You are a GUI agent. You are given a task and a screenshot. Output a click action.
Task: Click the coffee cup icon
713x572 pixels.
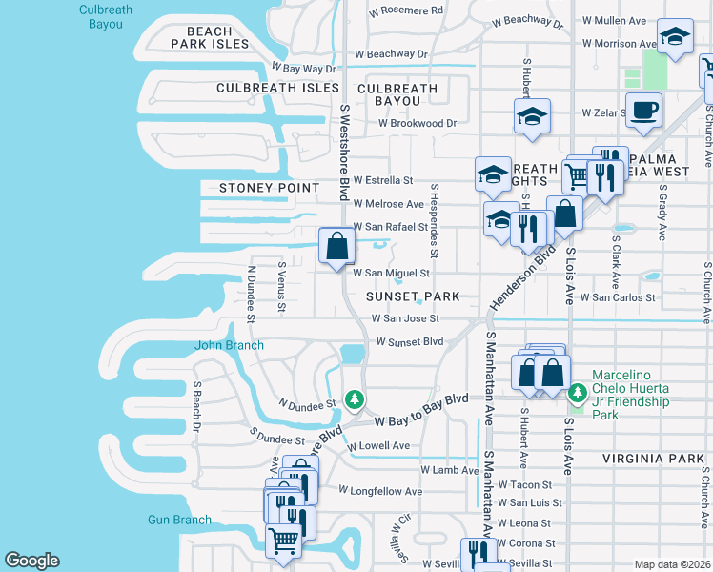tap(643, 109)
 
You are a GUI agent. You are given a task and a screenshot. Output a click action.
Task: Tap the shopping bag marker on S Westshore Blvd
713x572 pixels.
tap(336, 247)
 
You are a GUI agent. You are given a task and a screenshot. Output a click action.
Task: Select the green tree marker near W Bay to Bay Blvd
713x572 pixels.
tap(355, 398)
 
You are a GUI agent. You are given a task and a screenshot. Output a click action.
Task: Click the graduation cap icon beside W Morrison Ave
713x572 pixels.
tap(676, 38)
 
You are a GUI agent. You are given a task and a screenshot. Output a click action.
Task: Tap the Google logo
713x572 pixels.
tap(31, 560)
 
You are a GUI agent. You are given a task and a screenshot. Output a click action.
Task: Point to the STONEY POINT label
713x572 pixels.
tap(270, 188)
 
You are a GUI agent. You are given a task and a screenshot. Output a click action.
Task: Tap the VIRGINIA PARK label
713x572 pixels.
tap(652, 459)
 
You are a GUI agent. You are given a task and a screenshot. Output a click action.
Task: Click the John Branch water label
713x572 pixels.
tap(229, 345)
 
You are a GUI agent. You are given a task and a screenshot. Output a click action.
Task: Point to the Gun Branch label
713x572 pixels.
tap(179, 520)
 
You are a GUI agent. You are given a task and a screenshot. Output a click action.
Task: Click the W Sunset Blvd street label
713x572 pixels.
tap(410, 341)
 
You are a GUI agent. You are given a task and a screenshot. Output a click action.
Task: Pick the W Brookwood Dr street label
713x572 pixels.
tap(418, 123)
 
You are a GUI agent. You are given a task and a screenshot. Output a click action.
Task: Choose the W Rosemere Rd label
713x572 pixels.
tap(406, 10)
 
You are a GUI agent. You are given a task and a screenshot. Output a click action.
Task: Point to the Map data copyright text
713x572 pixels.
tap(672, 564)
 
